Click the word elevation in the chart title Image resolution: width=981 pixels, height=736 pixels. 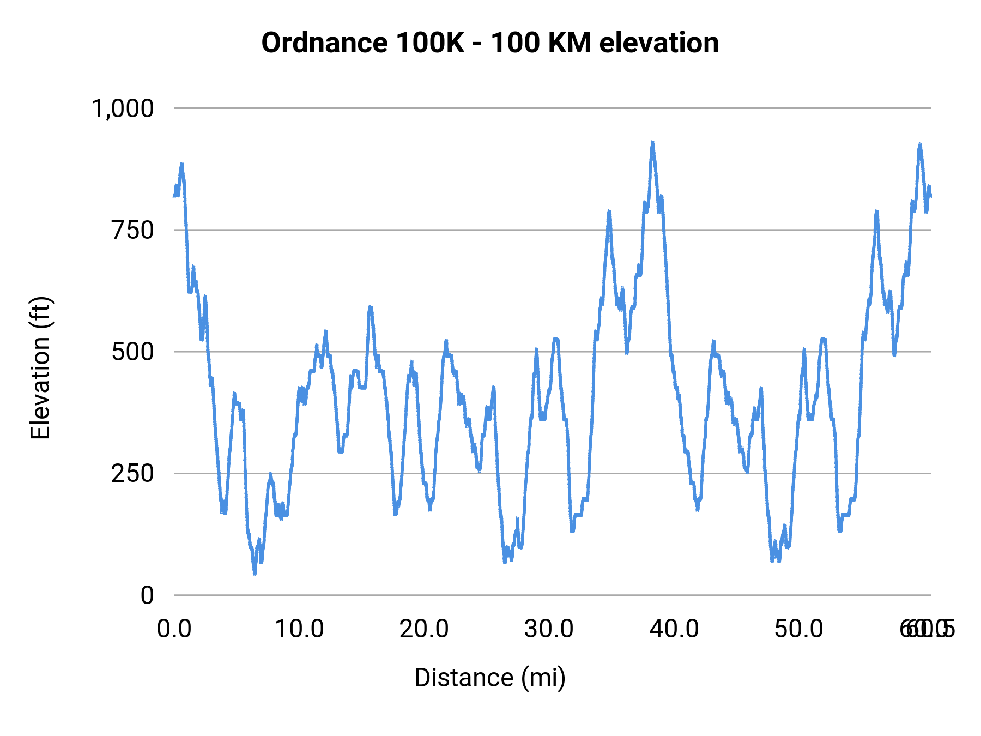(659, 43)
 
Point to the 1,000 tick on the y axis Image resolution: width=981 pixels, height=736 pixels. (123, 108)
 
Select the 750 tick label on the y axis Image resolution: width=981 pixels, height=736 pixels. (133, 231)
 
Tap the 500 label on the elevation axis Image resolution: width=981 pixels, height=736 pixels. (133, 352)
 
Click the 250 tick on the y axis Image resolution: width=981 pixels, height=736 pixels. (133, 474)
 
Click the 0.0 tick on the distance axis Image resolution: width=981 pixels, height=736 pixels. (174, 629)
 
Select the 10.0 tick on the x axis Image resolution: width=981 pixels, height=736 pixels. (299, 629)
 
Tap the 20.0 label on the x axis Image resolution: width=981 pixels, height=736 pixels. (424, 629)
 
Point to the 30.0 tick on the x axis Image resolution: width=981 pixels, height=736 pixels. (549, 629)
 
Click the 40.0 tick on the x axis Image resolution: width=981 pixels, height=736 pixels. (674, 629)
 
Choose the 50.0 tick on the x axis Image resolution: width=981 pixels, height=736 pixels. (799, 629)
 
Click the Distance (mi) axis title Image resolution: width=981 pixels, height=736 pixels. (490, 678)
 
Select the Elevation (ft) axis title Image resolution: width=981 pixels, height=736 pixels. (40, 368)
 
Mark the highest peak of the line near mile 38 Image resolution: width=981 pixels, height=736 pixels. (652, 143)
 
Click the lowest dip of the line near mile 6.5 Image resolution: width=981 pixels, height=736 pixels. (255, 573)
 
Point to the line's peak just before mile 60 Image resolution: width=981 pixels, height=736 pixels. (919, 144)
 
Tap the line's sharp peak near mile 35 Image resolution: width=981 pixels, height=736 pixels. (609, 212)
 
